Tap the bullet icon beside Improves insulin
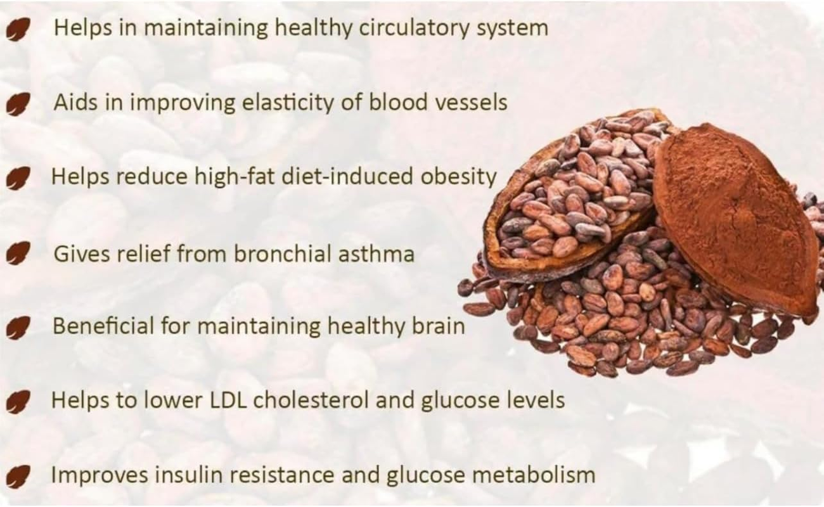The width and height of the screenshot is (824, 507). pos(19,475)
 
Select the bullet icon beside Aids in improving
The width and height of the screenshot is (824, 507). pos(19,104)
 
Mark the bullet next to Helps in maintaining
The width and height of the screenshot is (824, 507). pos(19,30)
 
